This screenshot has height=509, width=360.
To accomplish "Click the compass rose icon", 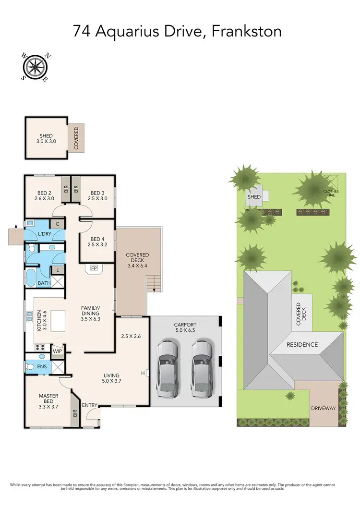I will click(x=35, y=66).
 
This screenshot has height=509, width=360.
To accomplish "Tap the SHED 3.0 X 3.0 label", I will click(x=46, y=139).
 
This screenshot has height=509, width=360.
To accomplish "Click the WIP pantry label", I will click(x=58, y=351).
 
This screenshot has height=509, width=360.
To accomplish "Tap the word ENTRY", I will click(x=89, y=405).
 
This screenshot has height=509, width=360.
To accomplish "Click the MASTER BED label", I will click(x=48, y=399).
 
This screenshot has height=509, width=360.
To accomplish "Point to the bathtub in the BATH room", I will click(x=31, y=278).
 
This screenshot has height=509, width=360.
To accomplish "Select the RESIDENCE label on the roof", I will click(x=302, y=345).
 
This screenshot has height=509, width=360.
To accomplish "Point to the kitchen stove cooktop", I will click(x=39, y=347).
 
